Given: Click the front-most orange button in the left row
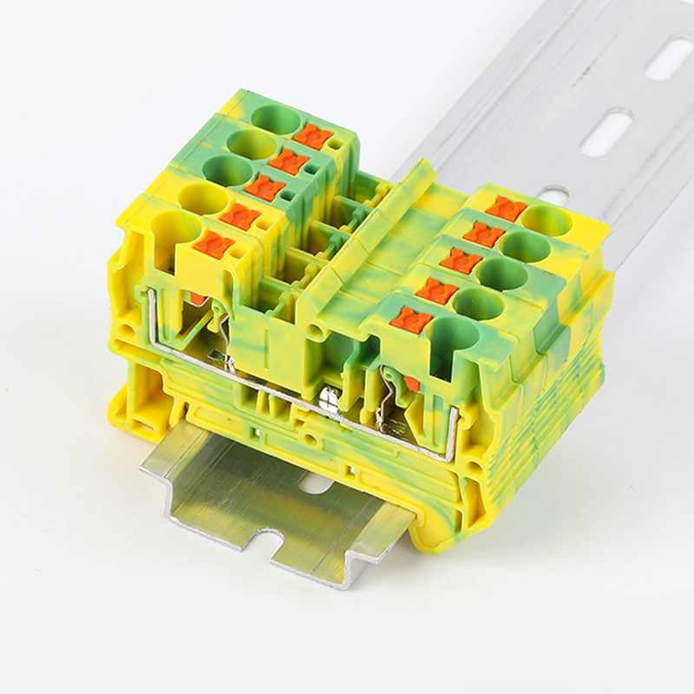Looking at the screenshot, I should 213,245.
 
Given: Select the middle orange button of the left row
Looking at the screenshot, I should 265,187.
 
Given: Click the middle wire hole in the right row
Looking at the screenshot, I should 502,275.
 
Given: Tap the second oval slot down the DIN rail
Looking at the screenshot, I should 606,133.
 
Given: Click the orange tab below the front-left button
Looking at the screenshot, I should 198,298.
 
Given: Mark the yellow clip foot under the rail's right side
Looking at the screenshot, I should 442,529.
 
